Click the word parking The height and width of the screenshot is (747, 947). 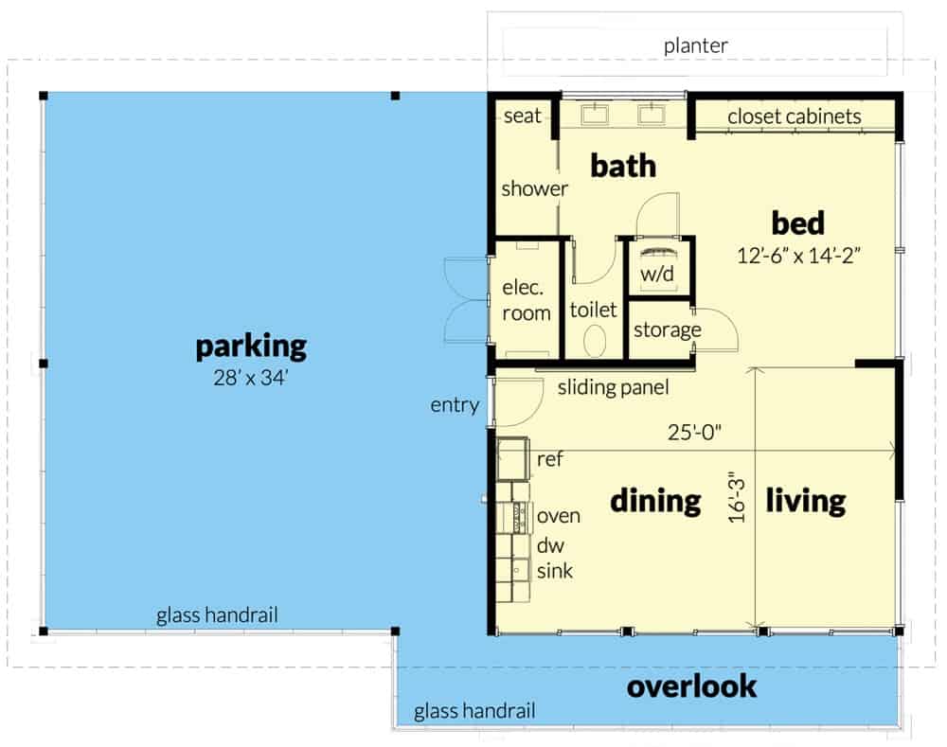coord(251,347)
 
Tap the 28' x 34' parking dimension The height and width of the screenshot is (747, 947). coord(251,378)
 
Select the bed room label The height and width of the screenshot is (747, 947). coord(797,222)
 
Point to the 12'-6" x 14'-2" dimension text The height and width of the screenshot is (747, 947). coord(798,256)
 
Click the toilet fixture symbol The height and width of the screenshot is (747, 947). coord(595,341)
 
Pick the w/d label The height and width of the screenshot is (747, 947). coord(657,274)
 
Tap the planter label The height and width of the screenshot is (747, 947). coord(696,45)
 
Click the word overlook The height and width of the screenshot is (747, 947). coord(691,686)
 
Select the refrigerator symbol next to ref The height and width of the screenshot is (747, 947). coord(512,459)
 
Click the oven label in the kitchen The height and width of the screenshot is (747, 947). coord(559,516)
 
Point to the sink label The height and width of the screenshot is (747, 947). coord(554,571)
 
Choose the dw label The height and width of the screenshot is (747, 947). coord(550,545)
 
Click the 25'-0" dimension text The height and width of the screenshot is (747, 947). coord(694,433)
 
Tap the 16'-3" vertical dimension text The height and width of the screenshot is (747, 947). coord(737,497)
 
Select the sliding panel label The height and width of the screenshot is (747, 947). coord(613,387)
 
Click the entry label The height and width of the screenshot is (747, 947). coord(455,405)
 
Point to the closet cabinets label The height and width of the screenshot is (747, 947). coord(795,116)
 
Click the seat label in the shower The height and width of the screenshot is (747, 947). coord(523,116)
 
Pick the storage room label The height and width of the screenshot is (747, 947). coord(668,329)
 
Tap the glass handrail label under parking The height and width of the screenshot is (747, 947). coord(217,615)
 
